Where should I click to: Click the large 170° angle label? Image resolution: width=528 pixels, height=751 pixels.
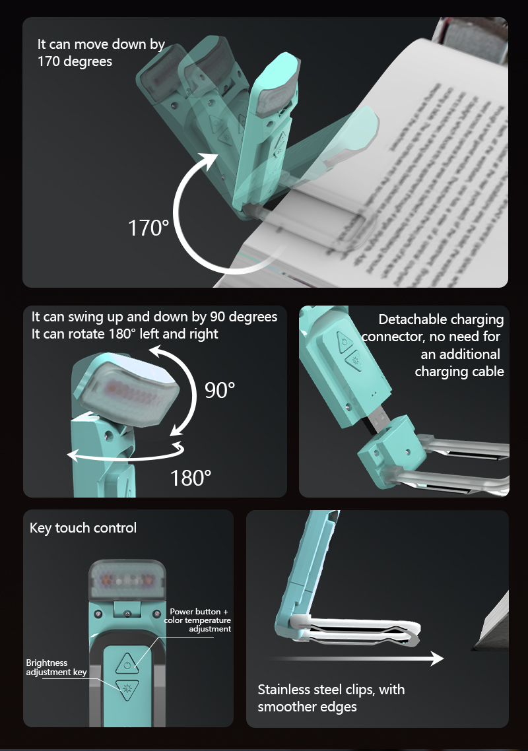click(x=148, y=228)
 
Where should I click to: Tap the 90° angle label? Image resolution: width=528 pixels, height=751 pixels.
click(x=220, y=390)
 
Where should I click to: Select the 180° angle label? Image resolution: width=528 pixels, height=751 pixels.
click(x=191, y=477)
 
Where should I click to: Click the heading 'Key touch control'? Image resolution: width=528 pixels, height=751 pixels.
click(x=83, y=528)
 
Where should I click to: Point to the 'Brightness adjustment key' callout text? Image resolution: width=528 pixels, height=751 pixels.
click(x=56, y=667)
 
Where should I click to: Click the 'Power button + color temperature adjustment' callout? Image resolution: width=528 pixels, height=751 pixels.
click(x=199, y=620)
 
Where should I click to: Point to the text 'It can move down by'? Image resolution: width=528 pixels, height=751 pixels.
click(x=101, y=45)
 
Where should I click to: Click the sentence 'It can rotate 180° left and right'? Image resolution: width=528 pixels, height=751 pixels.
click(x=125, y=334)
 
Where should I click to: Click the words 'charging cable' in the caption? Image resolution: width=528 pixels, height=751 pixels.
click(x=459, y=372)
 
